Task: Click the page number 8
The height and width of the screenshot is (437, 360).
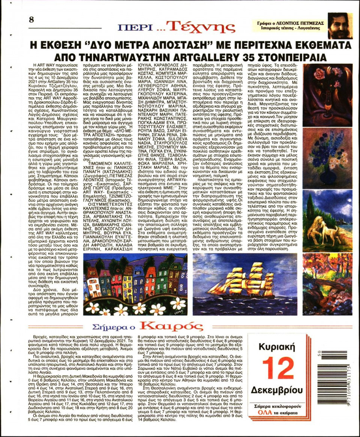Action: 31,19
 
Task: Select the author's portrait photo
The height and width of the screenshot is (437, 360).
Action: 340,26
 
